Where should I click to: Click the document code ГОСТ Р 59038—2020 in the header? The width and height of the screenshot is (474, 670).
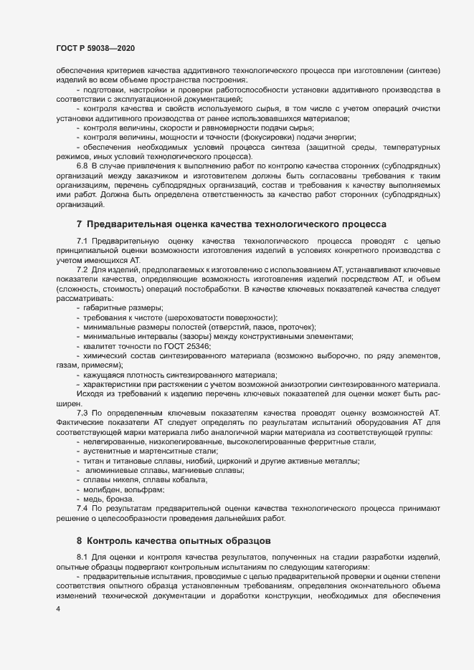point(95,48)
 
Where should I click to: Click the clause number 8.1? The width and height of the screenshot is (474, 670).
point(82,557)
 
